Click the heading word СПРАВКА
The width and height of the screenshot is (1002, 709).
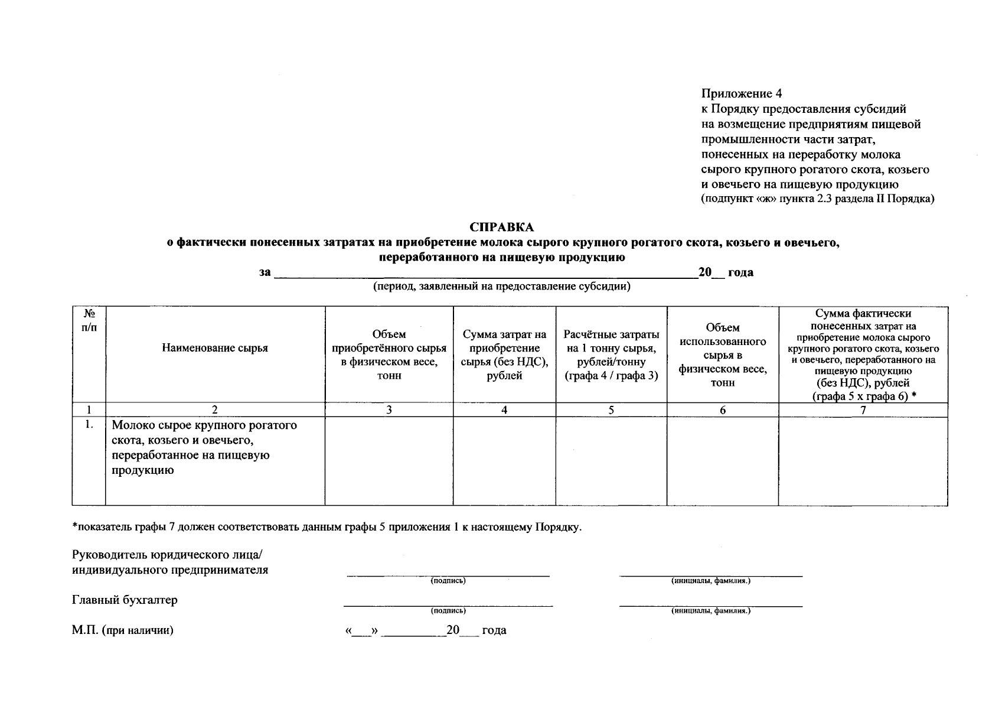click(x=501, y=227)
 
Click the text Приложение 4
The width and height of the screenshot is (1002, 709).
click(x=741, y=93)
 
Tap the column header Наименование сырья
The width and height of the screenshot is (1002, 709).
click(x=214, y=348)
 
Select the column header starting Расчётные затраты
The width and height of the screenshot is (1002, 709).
click(x=611, y=354)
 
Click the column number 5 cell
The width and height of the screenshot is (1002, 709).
click(x=611, y=410)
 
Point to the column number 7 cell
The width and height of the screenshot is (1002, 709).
click(x=863, y=410)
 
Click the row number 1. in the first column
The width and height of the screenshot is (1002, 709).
click(x=89, y=425)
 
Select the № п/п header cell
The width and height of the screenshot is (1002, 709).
click(x=89, y=320)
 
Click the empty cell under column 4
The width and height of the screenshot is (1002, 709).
click(x=504, y=461)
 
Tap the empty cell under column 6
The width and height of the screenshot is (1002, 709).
click(x=722, y=461)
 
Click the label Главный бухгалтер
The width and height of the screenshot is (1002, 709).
click(x=125, y=600)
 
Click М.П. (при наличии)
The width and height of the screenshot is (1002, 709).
click(x=123, y=630)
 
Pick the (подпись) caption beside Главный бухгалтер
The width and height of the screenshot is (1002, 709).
click(x=448, y=611)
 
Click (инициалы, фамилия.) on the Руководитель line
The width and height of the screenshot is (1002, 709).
click(x=710, y=581)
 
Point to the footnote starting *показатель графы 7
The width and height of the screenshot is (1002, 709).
click(x=327, y=527)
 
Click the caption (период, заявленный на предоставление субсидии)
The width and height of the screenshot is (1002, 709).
click(x=501, y=287)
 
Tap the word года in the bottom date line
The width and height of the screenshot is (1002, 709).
click(x=494, y=630)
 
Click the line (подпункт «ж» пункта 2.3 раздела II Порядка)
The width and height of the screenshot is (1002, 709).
click(x=817, y=199)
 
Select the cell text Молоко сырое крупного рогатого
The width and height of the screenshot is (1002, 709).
click(x=204, y=425)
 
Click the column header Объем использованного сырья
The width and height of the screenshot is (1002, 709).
click(x=722, y=354)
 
